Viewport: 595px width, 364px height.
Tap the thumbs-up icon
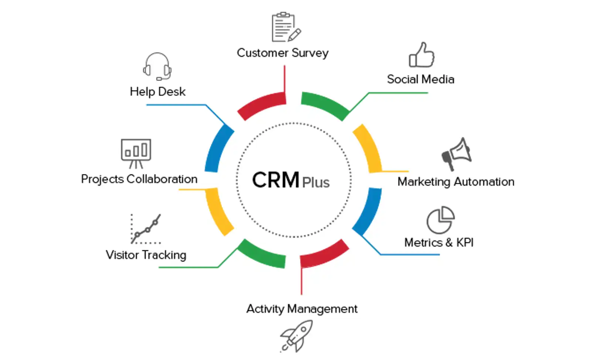[421, 55]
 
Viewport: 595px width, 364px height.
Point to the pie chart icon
[440, 220]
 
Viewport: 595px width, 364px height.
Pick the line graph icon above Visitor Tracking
[146, 229]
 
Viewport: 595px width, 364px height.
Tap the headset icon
[157, 67]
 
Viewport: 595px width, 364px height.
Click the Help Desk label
[157, 92]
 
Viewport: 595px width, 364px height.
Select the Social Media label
[421, 79]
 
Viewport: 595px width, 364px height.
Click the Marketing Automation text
[456, 182]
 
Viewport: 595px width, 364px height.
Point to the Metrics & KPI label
[439, 242]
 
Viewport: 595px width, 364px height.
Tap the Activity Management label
[302, 309]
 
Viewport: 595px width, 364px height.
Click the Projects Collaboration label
[139, 179]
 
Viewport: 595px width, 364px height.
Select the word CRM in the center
[276, 180]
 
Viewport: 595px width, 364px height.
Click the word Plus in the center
[316, 183]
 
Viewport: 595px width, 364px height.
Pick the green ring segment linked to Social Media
[324, 104]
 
